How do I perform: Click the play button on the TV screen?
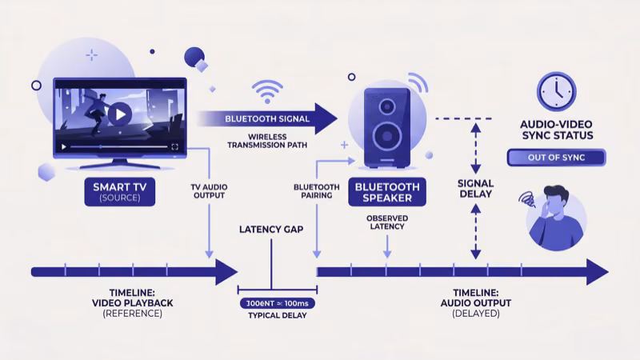coord(119,114)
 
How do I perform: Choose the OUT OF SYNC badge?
coord(557,158)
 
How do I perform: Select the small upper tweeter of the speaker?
coord(387,105)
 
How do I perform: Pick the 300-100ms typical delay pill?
coord(278,304)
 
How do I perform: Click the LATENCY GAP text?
coord(271,230)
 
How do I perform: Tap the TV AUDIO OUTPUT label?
coord(209,192)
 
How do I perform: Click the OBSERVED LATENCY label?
coord(386,222)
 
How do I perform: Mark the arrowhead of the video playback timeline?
coord(226,272)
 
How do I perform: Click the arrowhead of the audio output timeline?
coord(596,272)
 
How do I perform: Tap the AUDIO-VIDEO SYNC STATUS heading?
coord(557,130)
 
